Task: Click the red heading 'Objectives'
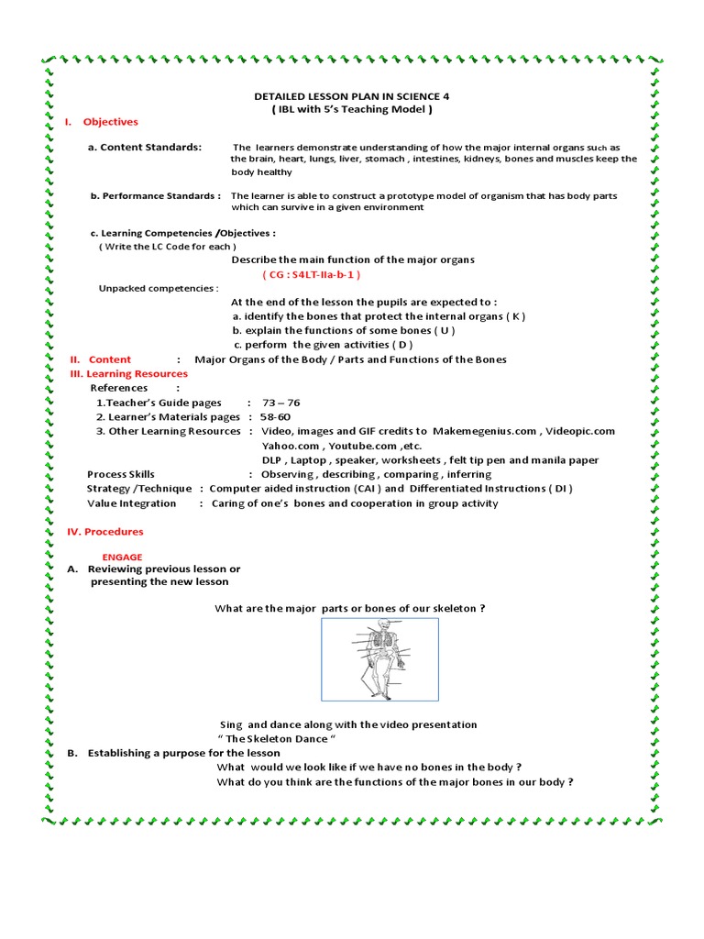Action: pos(110,122)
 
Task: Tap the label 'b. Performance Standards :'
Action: pos(155,195)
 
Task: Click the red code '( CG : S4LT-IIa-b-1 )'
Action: pos(311,274)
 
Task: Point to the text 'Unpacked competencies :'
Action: pos(159,288)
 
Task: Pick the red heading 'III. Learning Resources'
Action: pos(129,373)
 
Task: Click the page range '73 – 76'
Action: pos(281,403)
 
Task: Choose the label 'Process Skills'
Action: pos(121,474)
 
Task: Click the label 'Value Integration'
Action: pos(131,503)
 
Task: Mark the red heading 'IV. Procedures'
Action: pos(105,532)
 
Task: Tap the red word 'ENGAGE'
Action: pos(122,557)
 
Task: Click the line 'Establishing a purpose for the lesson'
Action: pos(183,754)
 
